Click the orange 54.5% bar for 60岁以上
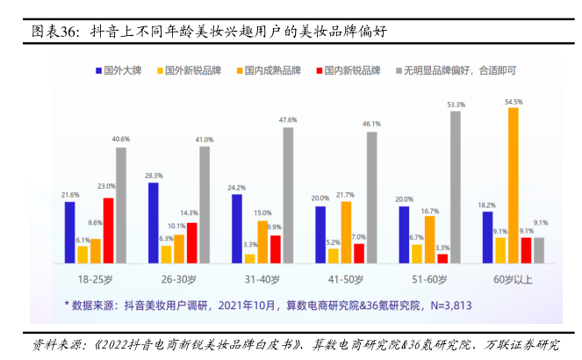coord(514,185)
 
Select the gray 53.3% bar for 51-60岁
coord(455,187)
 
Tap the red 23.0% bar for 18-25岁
coord(108,230)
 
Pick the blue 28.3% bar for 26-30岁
coord(154,222)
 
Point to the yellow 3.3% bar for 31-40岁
coord(250,258)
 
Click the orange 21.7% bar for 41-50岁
coord(346,232)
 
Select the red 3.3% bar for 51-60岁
coord(442,258)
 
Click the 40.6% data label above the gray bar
coord(121,140)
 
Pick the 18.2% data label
coord(486,204)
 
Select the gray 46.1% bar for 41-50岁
coord(371,198)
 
